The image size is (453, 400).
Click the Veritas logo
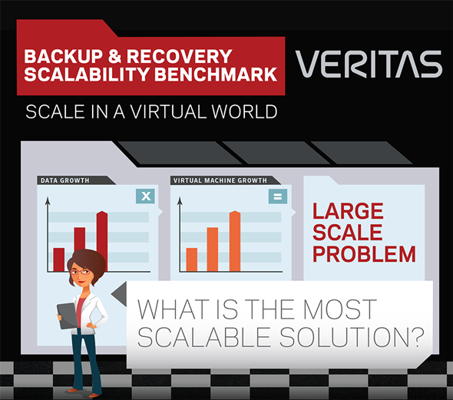point(369,64)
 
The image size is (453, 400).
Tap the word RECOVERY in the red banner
point(180,56)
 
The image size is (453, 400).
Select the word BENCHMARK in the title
point(216,74)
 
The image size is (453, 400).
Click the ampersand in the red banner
point(114,56)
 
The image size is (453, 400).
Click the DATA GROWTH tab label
point(65,180)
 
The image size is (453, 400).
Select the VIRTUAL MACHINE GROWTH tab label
point(220,180)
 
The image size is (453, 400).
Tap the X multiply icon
point(145,196)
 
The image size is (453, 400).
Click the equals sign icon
point(278,197)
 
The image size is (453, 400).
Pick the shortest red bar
point(59,260)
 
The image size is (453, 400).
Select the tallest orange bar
point(235,241)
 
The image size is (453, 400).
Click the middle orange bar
point(213,250)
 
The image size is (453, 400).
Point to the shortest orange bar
point(192,260)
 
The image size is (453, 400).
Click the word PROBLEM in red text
point(364,254)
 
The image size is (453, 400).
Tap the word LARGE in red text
point(348,211)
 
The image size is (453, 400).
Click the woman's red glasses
point(81,272)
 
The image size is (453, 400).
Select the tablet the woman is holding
point(68,316)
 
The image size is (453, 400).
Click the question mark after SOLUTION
point(417,337)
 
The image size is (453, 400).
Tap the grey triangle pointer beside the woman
point(120,294)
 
